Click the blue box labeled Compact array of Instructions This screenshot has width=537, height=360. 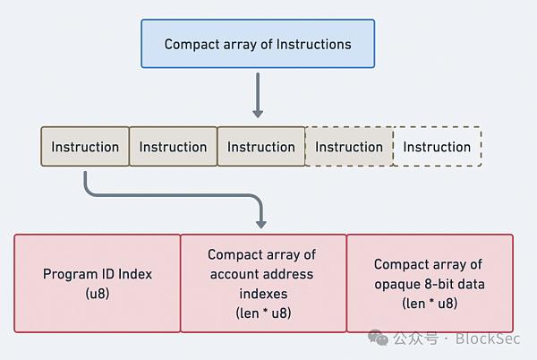click(258, 44)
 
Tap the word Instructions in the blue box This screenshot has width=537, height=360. click(314, 44)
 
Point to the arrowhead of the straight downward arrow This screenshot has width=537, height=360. click(258, 114)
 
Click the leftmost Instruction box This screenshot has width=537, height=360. click(85, 147)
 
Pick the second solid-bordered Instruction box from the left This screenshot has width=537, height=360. click(173, 147)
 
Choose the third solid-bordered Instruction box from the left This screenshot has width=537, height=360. click(261, 147)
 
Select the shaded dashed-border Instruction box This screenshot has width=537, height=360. click(349, 147)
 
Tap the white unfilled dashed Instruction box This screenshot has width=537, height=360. click(438, 147)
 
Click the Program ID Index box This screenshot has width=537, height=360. click(98, 283)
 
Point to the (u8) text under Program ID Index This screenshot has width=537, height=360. click(98, 294)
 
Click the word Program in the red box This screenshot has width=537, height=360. click(65, 274)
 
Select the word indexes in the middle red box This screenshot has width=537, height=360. click(263, 294)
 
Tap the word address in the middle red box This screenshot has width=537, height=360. click(287, 274)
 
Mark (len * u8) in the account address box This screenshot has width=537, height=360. click(263, 313)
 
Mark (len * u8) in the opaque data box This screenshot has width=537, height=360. click(430, 304)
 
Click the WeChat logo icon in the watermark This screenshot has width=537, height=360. click(378, 338)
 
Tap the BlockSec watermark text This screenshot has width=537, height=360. click(488, 339)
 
